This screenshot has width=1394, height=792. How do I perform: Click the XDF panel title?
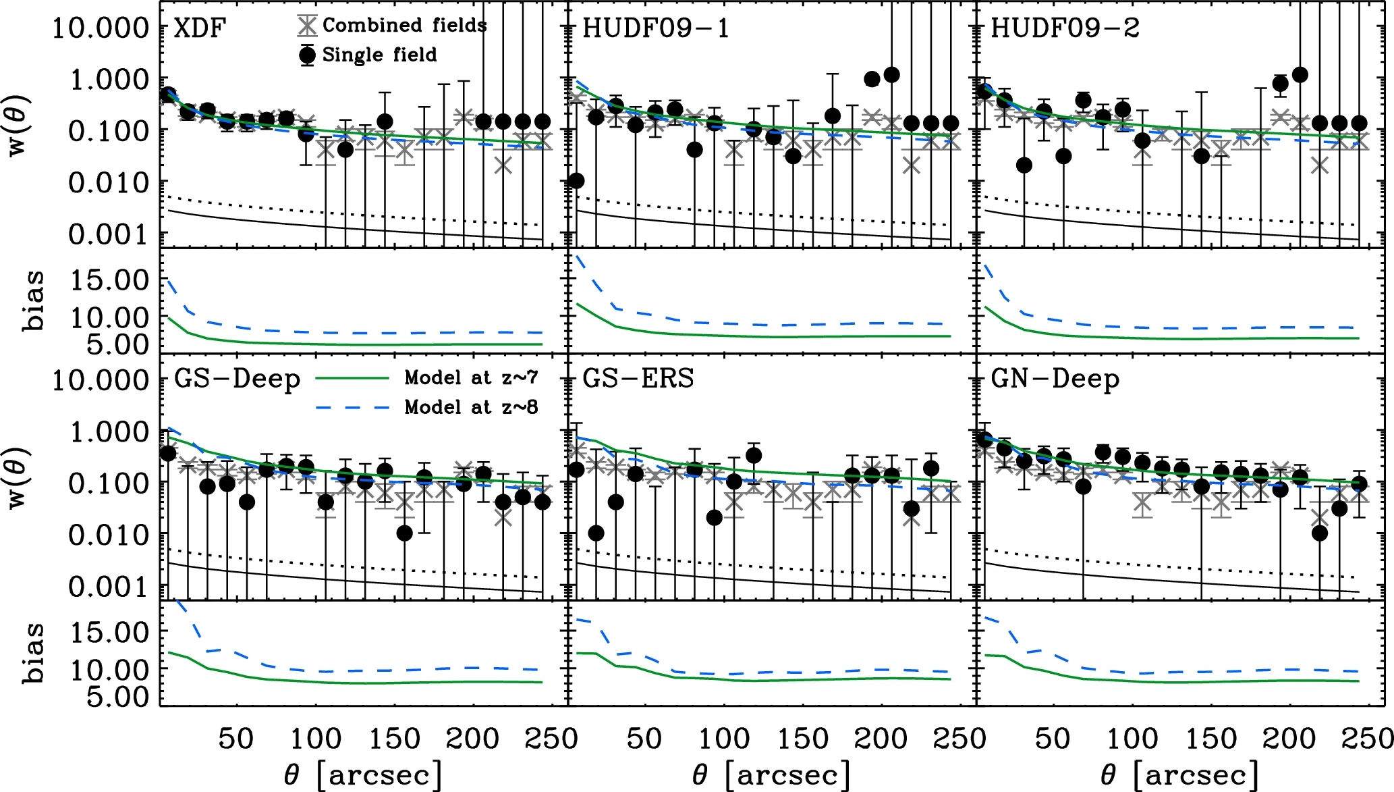(200, 28)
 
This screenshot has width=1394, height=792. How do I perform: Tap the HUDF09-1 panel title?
(655, 28)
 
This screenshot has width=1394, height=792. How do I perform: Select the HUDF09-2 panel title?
(1065, 28)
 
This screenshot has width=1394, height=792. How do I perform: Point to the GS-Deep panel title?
(237, 379)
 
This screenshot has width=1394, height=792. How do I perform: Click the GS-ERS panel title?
(638, 379)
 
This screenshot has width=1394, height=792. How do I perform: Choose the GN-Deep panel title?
(1055, 379)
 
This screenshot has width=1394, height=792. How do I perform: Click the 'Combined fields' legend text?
(404, 26)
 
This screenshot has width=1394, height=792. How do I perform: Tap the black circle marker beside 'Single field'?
(307, 55)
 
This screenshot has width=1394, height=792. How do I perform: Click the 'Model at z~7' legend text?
(471, 377)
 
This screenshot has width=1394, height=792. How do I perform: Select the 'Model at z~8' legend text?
(471, 407)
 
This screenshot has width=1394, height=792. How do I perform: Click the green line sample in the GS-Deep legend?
(352, 378)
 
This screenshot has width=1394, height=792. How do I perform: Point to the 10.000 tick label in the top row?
(100, 28)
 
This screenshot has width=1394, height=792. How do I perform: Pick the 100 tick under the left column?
(315, 739)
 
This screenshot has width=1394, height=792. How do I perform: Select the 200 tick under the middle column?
(881, 739)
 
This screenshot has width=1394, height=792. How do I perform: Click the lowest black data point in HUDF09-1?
(576, 180)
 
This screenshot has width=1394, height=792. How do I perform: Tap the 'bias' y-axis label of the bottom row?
(32, 653)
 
